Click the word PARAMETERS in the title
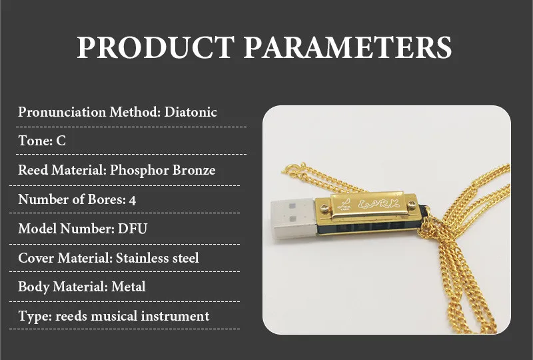point(346,48)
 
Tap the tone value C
point(61,141)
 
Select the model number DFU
point(133,229)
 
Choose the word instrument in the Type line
point(177,316)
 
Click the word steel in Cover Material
point(184,257)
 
